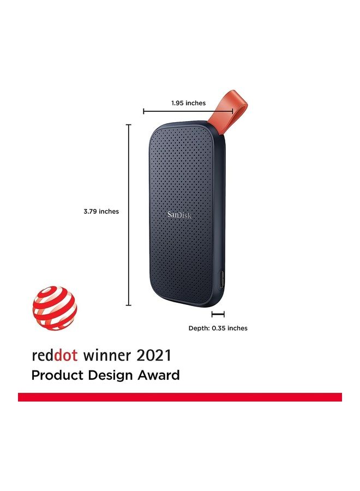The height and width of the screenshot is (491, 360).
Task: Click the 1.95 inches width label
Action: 188,103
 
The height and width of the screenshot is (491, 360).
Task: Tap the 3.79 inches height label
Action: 101,211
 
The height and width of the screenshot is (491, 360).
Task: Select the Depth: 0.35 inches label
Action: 218,328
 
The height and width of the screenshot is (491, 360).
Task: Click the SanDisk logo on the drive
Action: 179,215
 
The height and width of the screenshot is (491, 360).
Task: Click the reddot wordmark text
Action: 55,356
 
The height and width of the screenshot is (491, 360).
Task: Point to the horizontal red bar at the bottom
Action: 180,397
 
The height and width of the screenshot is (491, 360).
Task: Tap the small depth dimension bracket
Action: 218,314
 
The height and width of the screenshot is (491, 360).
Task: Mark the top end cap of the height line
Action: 129,125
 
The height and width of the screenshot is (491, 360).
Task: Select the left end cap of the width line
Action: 143,111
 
